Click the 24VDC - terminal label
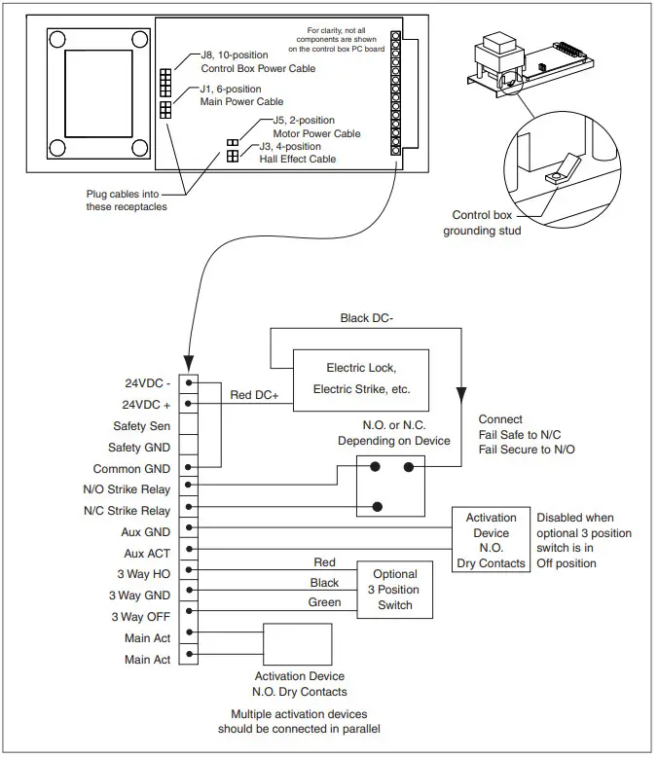149,381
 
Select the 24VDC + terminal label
148,403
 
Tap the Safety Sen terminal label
143,425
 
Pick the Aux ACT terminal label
147,553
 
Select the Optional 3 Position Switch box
394,590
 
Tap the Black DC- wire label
368,318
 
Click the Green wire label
325,603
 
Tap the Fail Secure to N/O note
528,451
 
